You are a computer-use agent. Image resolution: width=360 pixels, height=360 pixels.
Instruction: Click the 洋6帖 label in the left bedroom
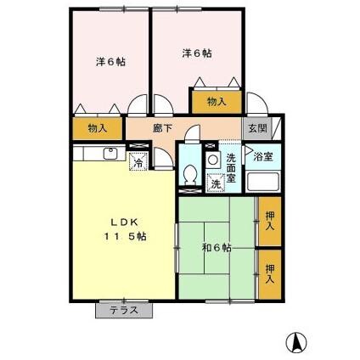click(x=110, y=62)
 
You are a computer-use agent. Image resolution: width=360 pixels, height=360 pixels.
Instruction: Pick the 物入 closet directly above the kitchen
click(x=98, y=128)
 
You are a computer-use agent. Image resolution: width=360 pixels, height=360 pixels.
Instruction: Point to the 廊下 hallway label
click(x=163, y=128)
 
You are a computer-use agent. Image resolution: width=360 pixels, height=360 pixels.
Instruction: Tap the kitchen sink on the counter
click(x=109, y=154)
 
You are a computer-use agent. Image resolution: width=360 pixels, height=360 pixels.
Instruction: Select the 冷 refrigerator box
click(x=137, y=162)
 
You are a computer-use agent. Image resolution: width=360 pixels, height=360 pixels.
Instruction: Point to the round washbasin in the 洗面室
click(x=210, y=157)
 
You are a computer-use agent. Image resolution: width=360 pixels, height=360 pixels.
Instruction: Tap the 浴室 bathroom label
click(x=262, y=157)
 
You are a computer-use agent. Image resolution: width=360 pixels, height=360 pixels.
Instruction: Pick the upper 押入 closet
click(x=269, y=222)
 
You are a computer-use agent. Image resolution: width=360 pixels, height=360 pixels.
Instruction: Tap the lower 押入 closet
click(x=269, y=273)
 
